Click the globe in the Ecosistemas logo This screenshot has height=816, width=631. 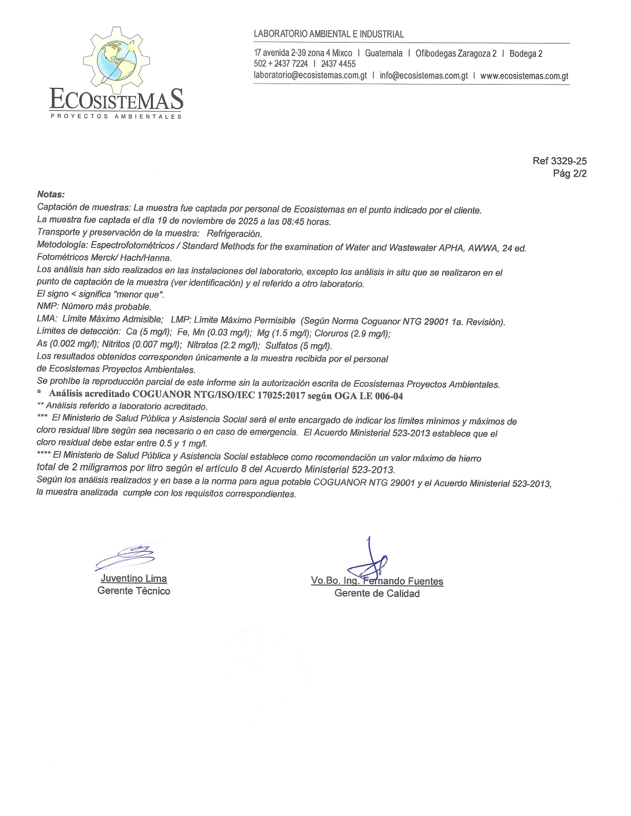117,61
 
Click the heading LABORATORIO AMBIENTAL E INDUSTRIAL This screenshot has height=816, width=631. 329,34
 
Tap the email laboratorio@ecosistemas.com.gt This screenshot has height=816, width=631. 310,76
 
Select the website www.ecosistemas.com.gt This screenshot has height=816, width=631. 524,76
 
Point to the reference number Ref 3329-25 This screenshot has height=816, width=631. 559,161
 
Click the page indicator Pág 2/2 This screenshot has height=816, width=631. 570,174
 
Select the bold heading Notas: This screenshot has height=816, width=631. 51,194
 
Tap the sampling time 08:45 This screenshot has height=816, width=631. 292,222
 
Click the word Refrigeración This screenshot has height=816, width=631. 234,233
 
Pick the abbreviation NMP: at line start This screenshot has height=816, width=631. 48,307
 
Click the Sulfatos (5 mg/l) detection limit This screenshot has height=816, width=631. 298,346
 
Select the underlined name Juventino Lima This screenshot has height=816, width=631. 134,578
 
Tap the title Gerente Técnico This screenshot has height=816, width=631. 134,590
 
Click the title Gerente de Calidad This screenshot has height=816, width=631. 377,593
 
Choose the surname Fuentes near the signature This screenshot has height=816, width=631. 425,581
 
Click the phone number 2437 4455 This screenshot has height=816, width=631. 338,64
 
